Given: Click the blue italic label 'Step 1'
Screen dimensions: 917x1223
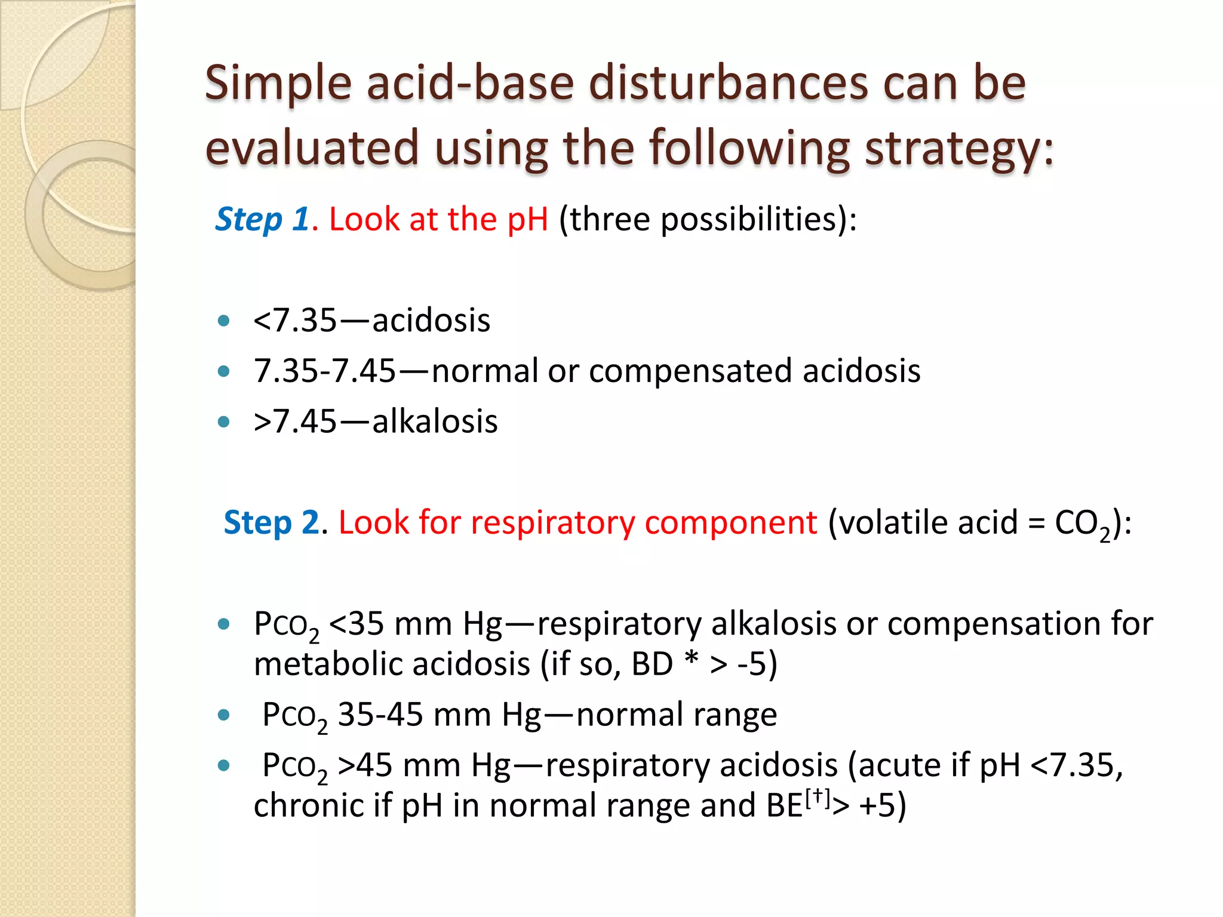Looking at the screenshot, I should tap(262, 219).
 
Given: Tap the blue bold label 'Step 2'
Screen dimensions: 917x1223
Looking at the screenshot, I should tap(272, 522).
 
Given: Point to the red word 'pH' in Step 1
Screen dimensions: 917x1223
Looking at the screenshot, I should tap(527, 219).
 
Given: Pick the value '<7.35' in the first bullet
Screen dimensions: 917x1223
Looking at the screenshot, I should tap(295, 321).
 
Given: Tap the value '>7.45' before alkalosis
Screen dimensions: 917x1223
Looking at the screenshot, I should tap(295, 421).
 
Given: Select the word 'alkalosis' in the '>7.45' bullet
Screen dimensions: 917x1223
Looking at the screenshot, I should tap(435, 421).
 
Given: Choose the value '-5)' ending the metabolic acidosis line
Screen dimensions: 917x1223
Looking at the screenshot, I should tap(757, 664).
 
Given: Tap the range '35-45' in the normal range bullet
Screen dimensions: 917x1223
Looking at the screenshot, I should tap(380, 715).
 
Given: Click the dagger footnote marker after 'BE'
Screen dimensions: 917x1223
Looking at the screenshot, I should tap(818, 797).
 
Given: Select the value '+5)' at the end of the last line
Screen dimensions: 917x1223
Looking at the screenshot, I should tap(883, 805).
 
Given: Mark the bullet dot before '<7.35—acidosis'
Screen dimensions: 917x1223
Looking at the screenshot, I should tap(224, 321).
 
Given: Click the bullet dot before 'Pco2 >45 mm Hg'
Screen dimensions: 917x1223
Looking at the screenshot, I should tap(224, 765).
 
